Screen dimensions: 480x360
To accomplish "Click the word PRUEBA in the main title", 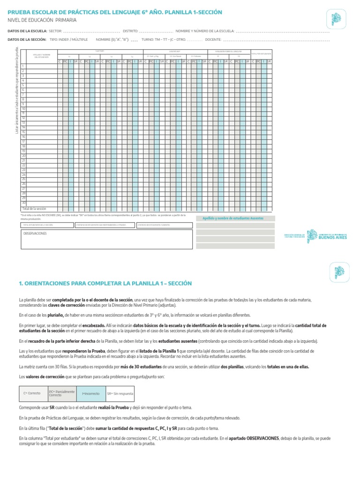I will pos(22,12).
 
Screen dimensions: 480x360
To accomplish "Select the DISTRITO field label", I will pos(130,31).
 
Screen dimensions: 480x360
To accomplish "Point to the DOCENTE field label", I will pos(213,40).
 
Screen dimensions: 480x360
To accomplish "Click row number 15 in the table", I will pos(23,132).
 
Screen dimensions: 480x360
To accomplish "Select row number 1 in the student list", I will pos(23,67).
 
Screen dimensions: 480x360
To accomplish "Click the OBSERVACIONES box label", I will pos(35,233).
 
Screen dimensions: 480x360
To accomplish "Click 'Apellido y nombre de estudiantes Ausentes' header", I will pos(233,218).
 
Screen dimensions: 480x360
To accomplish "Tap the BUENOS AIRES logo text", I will pos(333,238).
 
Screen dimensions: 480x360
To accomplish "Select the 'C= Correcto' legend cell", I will pos(32,393).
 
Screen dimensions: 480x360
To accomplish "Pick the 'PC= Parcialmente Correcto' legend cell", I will pos(61,393).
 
